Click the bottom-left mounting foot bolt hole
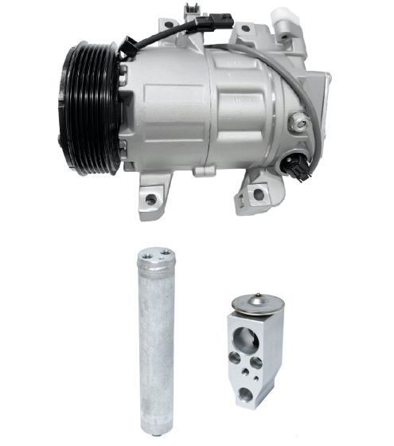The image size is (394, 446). tap(149, 200)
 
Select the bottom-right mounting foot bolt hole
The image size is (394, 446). tap(258, 194)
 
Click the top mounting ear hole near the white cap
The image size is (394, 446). tap(245, 29)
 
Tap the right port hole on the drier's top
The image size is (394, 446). tap(164, 256)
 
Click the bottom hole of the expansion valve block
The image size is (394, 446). tap(248, 393)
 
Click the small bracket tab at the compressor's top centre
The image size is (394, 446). tap(189, 10)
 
